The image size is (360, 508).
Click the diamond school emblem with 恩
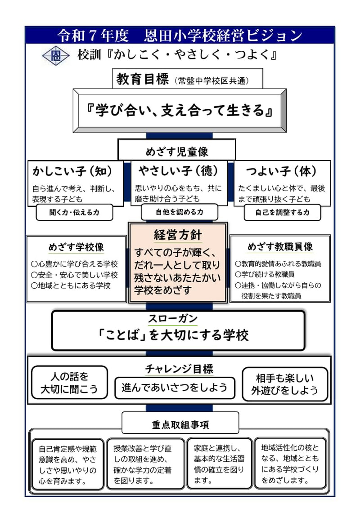pyautogui.click(x=56, y=55)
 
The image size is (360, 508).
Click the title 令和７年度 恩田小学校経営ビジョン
pyautogui.click(x=180, y=36)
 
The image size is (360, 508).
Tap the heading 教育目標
pyautogui.click(x=142, y=79)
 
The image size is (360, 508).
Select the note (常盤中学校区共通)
pyautogui.click(x=212, y=80)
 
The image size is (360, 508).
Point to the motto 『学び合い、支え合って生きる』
pyautogui.click(x=180, y=111)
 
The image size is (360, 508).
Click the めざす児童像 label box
pyautogui.click(x=177, y=150)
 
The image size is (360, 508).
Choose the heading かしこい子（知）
pyautogui.click(x=72, y=171)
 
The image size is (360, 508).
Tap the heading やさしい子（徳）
pyautogui.click(x=178, y=170)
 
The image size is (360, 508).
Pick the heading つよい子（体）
pyautogui.click(x=281, y=171)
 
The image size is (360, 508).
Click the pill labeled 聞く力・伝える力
pyautogui.click(x=74, y=213)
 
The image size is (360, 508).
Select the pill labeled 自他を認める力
pyautogui.click(x=180, y=212)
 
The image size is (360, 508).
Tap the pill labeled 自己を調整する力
pyautogui.click(x=282, y=213)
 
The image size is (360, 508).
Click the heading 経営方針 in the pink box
pyautogui.click(x=178, y=235)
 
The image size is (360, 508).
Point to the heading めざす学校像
pyautogui.click(x=76, y=247)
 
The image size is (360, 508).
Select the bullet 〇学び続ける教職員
pyautogui.click(x=265, y=274)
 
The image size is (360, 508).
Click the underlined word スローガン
pyautogui.click(x=173, y=319)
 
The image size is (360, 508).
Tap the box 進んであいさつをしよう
pyautogui.click(x=175, y=388)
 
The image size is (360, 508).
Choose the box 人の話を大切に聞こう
pyautogui.click(x=69, y=382)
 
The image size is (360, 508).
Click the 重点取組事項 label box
pyautogui.click(x=180, y=423)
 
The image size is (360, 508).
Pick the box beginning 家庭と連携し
pyautogui.click(x=220, y=463)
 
